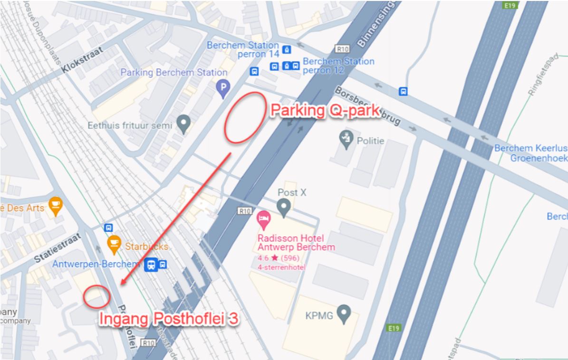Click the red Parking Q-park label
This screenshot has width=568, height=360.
pyautogui.click(x=324, y=111)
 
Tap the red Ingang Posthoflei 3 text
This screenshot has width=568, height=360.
pyautogui.click(x=168, y=319)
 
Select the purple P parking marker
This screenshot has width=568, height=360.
pyautogui.click(x=223, y=87)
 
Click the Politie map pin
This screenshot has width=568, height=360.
pyautogui.click(x=346, y=139)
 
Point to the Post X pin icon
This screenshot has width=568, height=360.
pyautogui.click(x=284, y=207)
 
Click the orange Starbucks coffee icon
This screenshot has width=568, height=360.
pyautogui.click(x=114, y=243)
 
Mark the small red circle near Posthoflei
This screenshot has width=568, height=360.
pyautogui.click(x=96, y=296)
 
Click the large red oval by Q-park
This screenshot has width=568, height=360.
pyautogui.click(x=245, y=117)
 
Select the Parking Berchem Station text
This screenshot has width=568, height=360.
pyautogui.click(x=173, y=73)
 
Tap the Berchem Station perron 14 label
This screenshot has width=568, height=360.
pyautogui.click(x=243, y=50)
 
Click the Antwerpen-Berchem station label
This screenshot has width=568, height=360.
pyautogui.click(x=96, y=264)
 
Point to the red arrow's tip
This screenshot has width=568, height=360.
pyautogui.click(x=122, y=285)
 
